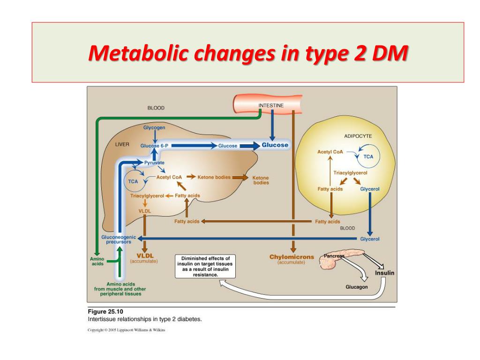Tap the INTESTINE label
271,105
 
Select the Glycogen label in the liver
154,127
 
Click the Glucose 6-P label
154,146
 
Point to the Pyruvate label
154,162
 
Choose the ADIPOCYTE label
358,136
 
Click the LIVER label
122,144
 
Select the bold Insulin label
384,273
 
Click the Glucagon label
357,287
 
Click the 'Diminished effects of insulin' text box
206,266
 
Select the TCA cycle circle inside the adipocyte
368,157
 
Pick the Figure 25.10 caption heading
106,311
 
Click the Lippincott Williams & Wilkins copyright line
127,330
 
